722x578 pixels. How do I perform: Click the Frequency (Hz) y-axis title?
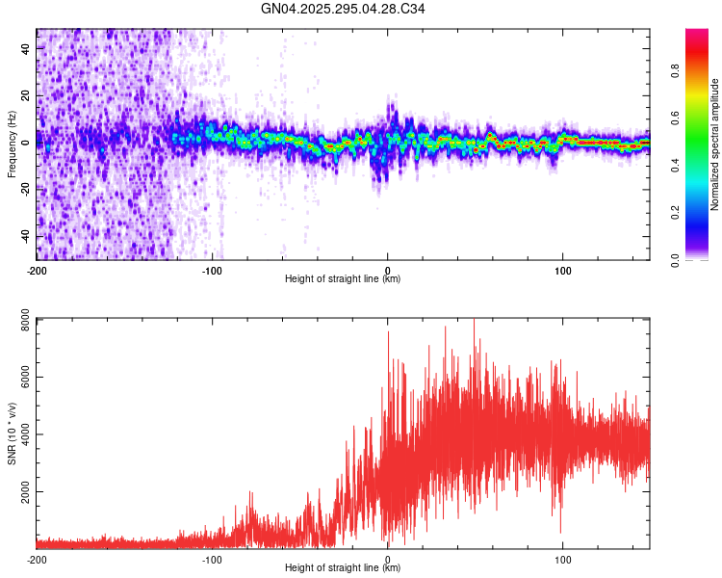tap(12, 144)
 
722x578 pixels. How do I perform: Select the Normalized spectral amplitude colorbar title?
tap(715, 144)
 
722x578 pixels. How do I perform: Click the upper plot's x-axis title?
tap(343, 278)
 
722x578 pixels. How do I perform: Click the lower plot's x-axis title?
tap(343, 567)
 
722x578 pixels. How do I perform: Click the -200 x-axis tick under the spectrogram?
tap(37, 270)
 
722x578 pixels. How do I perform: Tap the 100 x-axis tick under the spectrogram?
tap(562, 270)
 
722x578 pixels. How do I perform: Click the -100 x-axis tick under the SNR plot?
tap(212, 559)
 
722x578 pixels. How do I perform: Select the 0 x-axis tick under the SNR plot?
tap(387, 559)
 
